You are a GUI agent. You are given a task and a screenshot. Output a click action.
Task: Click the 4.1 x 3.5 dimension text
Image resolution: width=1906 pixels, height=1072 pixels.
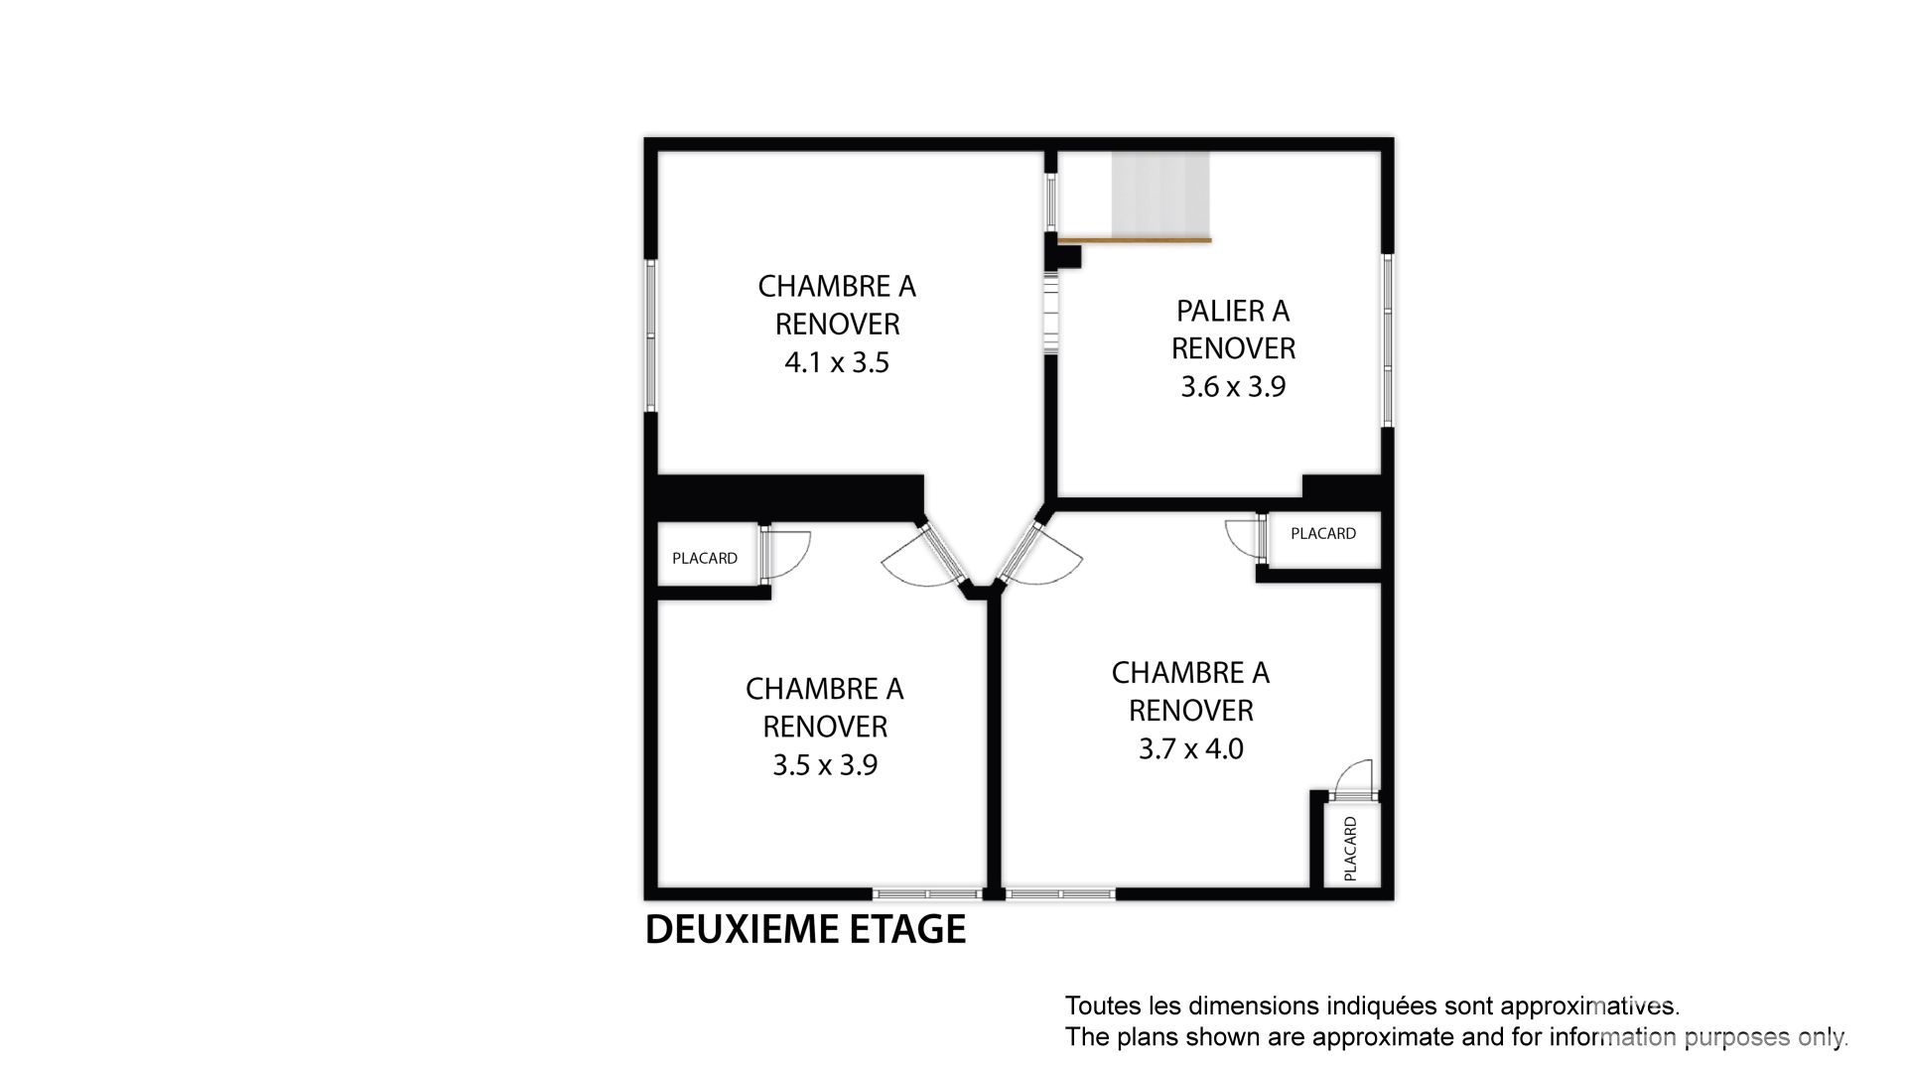click(837, 362)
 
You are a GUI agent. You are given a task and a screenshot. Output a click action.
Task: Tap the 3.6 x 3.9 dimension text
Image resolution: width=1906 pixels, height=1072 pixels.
click(1233, 386)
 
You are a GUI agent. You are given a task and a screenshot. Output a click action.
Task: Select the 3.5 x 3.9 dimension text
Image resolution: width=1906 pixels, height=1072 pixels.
click(825, 765)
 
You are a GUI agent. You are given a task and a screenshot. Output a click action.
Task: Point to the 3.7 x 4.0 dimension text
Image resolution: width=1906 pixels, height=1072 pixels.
click(1191, 748)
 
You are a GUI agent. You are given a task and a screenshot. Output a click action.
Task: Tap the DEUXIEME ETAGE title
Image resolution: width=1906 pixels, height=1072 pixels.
click(805, 929)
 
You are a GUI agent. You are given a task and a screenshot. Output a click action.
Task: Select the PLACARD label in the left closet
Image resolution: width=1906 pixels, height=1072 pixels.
click(705, 558)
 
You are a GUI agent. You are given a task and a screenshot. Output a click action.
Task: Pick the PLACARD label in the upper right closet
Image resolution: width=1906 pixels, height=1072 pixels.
click(1323, 533)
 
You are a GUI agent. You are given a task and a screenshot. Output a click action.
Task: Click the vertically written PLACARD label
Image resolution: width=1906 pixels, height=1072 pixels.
click(1350, 849)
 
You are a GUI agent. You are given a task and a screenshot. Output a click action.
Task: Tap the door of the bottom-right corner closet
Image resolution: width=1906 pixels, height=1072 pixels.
click(1352, 779)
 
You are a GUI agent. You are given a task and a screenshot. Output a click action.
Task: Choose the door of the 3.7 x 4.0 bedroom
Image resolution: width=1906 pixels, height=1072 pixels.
click(1039, 557)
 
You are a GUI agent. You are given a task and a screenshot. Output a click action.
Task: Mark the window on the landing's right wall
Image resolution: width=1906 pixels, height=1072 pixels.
click(1388, 340)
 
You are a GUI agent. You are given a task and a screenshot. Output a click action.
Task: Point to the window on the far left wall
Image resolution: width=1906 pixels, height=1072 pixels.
click(651, 335)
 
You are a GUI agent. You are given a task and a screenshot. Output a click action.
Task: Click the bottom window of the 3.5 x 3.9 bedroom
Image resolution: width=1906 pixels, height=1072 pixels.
click(927, 894)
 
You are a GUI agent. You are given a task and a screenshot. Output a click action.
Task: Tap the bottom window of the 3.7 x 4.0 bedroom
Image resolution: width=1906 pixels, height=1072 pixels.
click(1060, 894)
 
